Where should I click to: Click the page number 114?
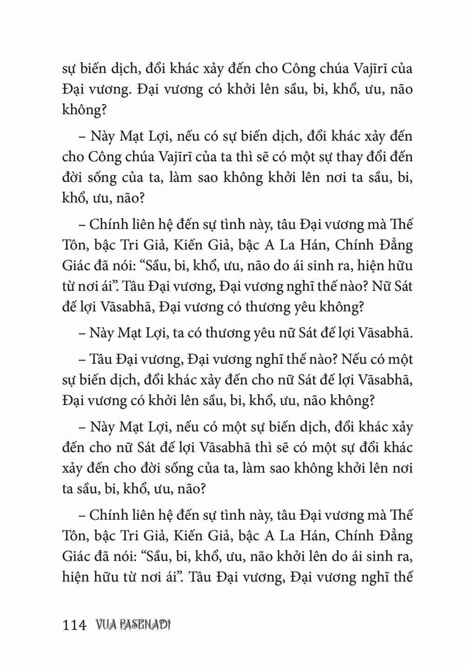coord(74,625)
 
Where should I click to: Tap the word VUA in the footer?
coord(105,625)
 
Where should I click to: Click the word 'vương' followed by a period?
coord(106,90)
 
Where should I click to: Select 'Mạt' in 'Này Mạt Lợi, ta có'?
coord(131,333)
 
